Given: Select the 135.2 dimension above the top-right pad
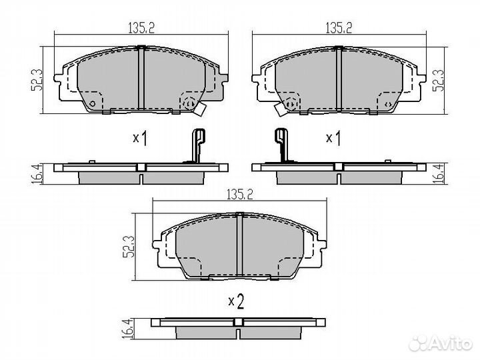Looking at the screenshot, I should (339, 28).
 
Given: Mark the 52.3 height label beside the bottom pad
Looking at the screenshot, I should (132, 247).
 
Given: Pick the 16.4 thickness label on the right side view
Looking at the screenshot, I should (439, 173).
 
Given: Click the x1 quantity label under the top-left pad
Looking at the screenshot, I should (139, 138).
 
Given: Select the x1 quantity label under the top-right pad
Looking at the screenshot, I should (333, 138).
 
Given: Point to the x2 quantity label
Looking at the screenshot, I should (235, 301).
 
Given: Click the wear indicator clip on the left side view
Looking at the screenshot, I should (196, 145).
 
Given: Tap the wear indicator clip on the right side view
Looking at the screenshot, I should (282, 145).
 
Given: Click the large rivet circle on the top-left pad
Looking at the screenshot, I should (191, 103).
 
